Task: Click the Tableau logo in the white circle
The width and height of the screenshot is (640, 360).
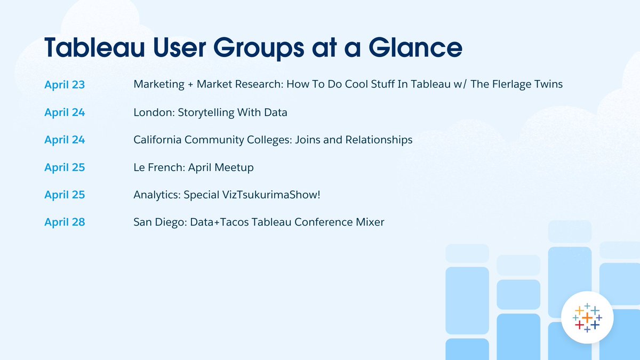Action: point(587,318)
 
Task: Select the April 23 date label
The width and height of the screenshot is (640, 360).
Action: point(65,84)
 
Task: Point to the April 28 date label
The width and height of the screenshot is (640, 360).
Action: point(65,222)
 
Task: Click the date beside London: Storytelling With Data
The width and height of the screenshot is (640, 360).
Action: point(65,112)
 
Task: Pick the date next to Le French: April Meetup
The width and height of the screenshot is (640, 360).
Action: point(65,167)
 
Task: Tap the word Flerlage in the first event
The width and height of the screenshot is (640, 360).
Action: point(504,84)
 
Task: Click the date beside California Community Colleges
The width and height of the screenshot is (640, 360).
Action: point(65,140)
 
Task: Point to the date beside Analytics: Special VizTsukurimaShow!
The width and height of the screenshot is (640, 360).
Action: point(65,195)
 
